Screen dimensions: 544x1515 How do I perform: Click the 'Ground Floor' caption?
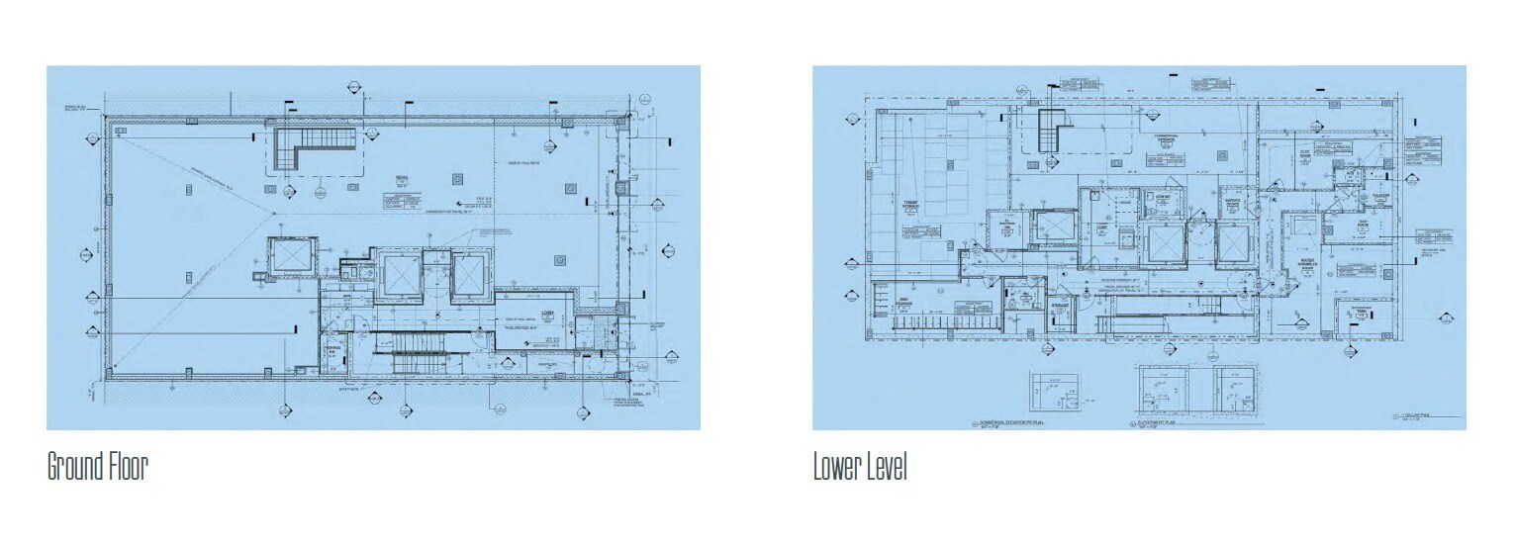97,467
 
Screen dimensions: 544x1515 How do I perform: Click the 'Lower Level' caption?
859,467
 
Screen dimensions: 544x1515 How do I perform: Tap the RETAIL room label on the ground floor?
402,177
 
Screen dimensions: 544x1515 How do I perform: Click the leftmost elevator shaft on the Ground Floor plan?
291,256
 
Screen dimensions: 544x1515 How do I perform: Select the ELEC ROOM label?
1303,154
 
